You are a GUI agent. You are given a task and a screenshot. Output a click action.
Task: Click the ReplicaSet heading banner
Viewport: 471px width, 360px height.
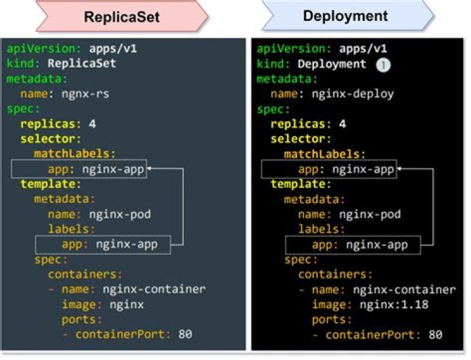(x=122, y=16)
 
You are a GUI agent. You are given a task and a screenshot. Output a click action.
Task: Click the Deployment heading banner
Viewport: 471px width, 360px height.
(x=348, y=15)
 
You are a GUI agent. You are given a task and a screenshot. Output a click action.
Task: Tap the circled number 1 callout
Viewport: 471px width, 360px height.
(x=383, y=65)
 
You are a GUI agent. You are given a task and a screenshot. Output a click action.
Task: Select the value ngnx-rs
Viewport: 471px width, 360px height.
(x=85, y=94)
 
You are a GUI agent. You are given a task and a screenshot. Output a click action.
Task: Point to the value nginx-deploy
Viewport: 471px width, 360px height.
(x=353, y=94)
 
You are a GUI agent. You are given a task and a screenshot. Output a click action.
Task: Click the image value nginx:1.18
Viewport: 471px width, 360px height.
(x=394, y=305)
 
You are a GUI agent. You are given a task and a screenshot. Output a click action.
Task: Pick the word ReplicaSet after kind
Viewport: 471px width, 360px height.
(x=82, y=63)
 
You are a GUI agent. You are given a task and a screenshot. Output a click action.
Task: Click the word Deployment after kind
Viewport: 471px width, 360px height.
(x=332, y=64)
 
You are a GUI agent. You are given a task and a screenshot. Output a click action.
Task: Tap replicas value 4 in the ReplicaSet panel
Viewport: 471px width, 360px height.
(x=92, y=124)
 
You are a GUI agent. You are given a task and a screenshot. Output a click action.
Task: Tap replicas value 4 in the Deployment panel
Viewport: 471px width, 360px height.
(x=342, y=124)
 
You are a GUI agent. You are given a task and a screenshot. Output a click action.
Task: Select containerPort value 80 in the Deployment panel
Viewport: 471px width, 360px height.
(x=436, y=334)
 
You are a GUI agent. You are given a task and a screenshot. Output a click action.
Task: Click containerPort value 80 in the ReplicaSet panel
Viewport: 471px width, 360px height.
(x=185, y=334)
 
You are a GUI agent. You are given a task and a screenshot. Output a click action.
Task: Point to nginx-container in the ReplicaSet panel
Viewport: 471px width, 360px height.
(x=154, y=289)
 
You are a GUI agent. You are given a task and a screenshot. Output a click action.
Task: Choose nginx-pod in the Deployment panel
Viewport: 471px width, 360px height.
(x=370, y=215)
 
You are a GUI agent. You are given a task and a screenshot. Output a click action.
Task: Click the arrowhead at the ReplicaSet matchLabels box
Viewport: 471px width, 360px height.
(x=148, y=169)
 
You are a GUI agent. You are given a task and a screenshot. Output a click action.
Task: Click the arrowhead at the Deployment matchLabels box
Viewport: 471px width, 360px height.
(x=399, y=169)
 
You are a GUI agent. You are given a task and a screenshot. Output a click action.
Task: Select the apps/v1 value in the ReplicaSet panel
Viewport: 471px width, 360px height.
(x=113, y=48)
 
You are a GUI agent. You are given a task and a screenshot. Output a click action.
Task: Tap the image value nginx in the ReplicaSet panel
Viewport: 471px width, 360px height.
(x=127, y=305)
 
